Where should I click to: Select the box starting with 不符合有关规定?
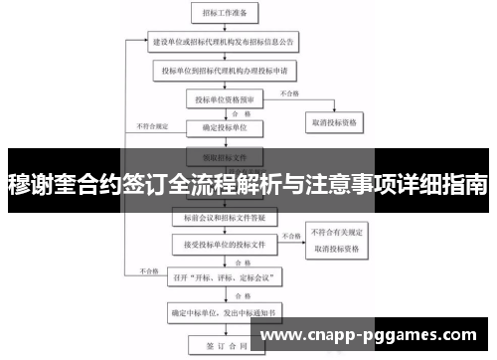pos(333,237)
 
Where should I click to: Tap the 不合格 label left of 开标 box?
pos(150,270)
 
